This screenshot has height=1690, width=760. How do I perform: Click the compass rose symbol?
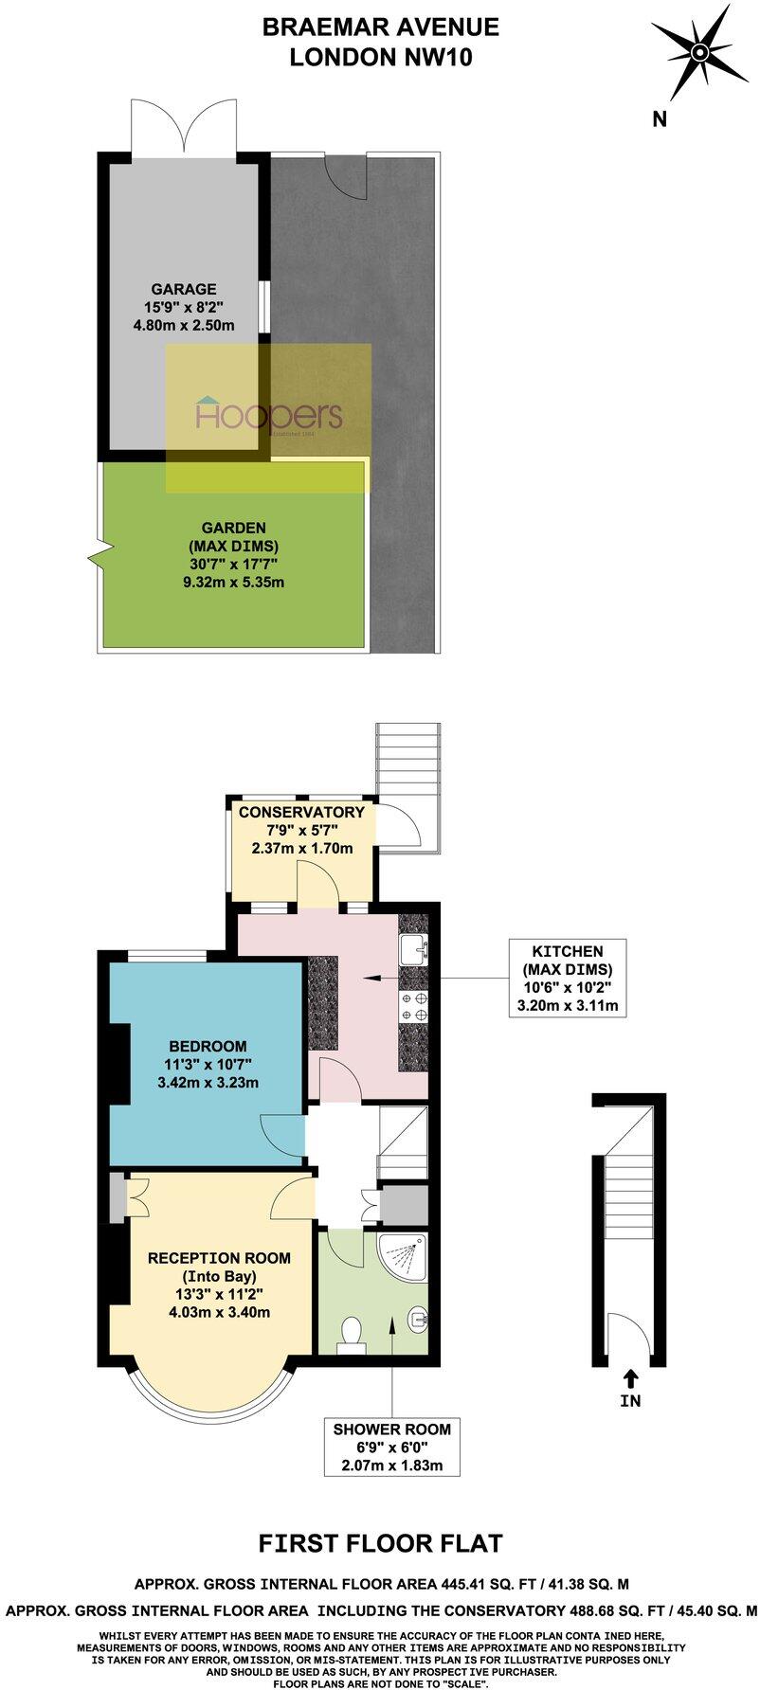pyautogui.click(x=698, y=52)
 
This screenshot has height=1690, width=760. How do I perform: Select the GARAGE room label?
pyautogui.click(x=184, y=289)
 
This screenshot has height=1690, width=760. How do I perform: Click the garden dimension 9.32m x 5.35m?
pyautogui.click(x=233, y=583)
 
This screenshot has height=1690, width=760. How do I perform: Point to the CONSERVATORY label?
pyautogui.click(x=301, y=812)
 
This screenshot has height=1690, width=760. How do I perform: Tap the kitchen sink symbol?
pyautogui.click(x=414, y=949)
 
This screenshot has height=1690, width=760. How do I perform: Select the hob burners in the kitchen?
pyautogui.click(x=413, y=1006)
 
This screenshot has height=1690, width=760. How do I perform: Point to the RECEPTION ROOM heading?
pyautogui.click(x=219, y=1258)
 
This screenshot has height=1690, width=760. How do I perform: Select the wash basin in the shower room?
pyautogui.click(x=418, y=1317)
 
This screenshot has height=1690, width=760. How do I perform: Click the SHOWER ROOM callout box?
pyautogui.click(x=392, y=1447)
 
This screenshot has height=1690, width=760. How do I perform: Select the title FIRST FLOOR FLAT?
pyautogui.click(x=380, y=1544)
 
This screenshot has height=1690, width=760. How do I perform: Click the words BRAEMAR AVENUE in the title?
pyautogui.click(x=380, y=27)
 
